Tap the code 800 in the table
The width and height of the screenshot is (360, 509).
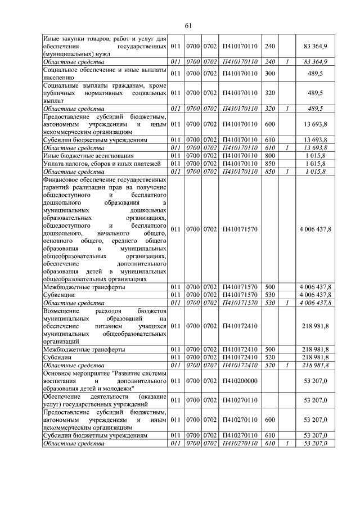click(270, 155)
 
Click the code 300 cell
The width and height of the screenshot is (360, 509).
click(270, 73)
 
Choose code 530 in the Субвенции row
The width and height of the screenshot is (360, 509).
click(270, 294)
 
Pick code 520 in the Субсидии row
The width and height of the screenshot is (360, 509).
click(270, 357)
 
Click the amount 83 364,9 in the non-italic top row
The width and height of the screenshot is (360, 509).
click(315, 45)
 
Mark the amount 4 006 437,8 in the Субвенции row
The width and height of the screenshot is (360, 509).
click(315, 294)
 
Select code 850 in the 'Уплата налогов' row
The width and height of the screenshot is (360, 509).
click(270, 163)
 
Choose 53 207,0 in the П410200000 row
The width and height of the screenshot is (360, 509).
click(315, 380)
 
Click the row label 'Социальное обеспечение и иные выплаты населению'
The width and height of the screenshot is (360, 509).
click(105, 73)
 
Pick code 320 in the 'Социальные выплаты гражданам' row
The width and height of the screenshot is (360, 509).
click(270, 93)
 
